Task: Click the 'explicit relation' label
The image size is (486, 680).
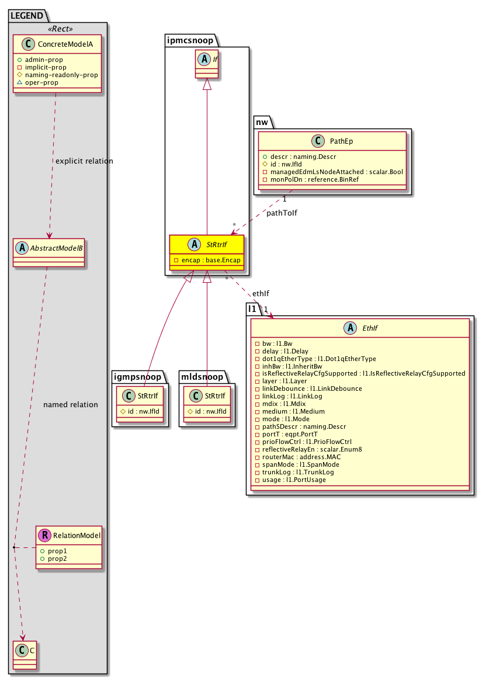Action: coord(83,161)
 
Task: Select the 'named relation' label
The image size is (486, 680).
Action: coord(70,404)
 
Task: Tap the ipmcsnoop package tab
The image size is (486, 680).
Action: coord(190,40)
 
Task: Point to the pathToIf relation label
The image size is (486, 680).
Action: coord(282,213)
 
